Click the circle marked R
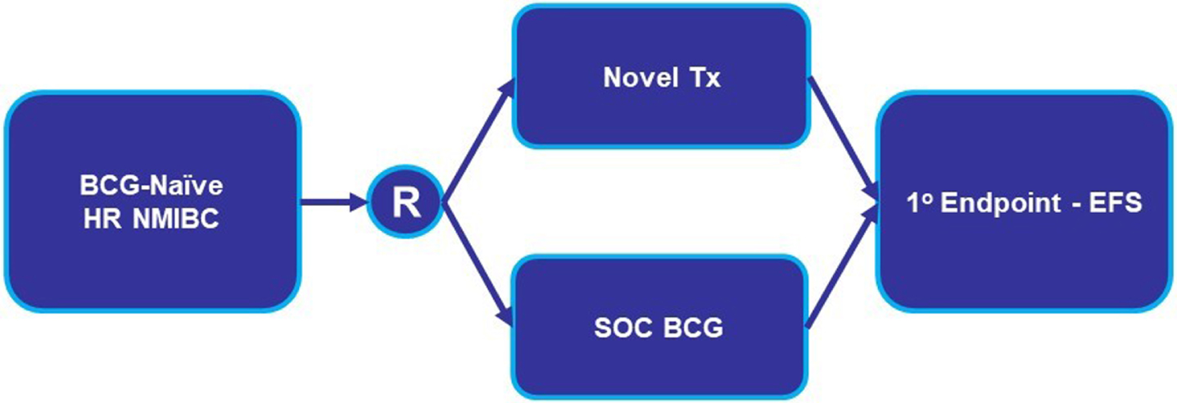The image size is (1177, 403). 405,202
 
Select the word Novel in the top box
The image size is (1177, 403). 640,78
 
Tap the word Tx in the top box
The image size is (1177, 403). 704,78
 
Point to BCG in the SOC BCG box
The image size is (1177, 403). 693,328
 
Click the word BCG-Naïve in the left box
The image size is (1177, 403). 152,185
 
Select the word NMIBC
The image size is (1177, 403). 176,219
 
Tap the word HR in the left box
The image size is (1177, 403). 103,219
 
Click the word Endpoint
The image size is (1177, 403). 1000,204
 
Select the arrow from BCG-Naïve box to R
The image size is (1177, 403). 333,202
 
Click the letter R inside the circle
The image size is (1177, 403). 406,202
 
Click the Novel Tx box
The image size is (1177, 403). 661,76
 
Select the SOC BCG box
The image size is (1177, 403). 659,327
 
